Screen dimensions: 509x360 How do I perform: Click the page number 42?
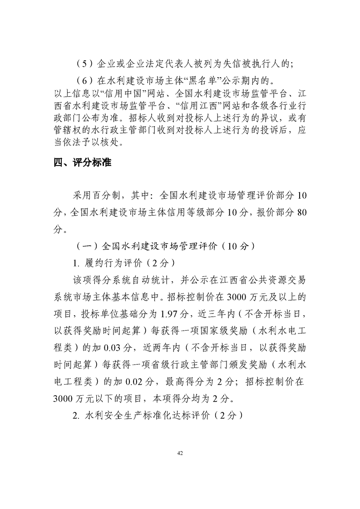(x=180, y=452)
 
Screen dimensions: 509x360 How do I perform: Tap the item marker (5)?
(x=84, y=64)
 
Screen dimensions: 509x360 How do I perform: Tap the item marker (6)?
(x=84, y=82)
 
